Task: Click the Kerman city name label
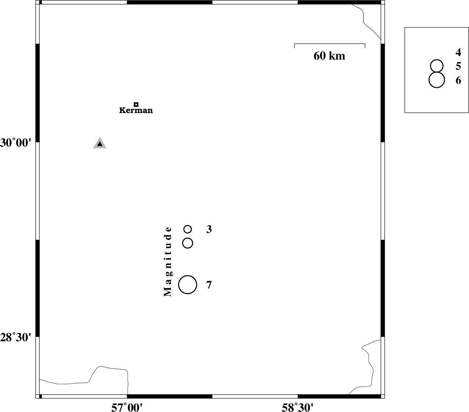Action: pos(136,110)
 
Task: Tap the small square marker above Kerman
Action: pos(136,105)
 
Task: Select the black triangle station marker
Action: pos(100,143)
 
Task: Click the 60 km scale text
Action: pos(329,56)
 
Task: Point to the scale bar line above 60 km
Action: pos(330,44)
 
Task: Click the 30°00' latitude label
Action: pos(16,143)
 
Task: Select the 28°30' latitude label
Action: pos(16,338)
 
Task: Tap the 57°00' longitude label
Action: pos(127,408)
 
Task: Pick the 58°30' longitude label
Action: pos(297,408)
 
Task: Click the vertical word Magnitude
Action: pos(168,262)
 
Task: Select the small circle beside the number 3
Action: pos(188,229)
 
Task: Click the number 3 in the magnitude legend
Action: pos(209,229)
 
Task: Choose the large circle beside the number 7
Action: pos(188,285)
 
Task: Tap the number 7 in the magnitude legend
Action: pos(209,285)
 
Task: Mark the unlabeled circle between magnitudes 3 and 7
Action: pos(188,243)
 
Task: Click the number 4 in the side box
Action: pos(458,52)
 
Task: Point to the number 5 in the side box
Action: pos(459,66)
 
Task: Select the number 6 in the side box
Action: pos(459,80)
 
